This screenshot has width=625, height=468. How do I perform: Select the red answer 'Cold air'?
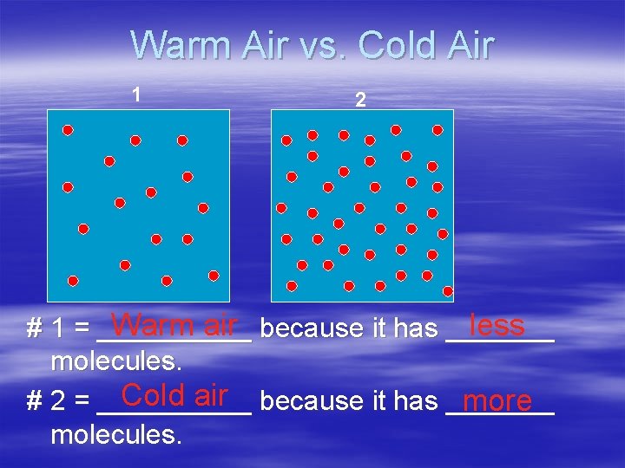tap(174, 395)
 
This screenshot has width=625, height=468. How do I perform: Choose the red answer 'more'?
tap(497, 401)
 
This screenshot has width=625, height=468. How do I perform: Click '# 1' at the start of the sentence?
tap(44, 329)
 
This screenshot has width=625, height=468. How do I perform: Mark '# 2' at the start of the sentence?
tap(44, 401)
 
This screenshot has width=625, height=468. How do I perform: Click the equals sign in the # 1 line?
tap(82, 329)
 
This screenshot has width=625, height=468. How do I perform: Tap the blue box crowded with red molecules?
tap(362, 205)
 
